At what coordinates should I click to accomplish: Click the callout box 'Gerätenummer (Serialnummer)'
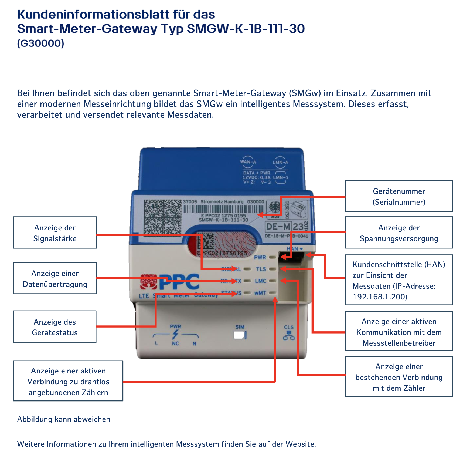pos(399,196)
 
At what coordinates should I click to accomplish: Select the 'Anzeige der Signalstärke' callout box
pos(55,233)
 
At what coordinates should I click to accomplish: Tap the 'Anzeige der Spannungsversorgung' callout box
pos(399,233)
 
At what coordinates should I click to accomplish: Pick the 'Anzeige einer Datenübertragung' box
pos(55,278)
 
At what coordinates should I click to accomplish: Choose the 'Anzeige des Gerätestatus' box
pos(55,327)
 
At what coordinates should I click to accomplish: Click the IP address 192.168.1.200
pos(380,297)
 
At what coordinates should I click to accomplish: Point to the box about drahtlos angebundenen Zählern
pos(68,381)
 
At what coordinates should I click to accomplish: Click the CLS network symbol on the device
pos(289,335)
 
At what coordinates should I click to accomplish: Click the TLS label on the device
pos(261,269)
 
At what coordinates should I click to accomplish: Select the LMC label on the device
pos(261,281)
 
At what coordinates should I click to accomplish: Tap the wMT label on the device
pos(260,293)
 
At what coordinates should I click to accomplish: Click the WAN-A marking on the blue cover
pos(248,162)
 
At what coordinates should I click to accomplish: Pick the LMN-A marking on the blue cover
pos(280,162)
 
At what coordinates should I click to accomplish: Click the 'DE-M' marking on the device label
pos(278,226)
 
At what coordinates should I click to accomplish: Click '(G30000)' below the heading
pos(41,43)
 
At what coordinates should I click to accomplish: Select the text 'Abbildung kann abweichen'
pos(64,419)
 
